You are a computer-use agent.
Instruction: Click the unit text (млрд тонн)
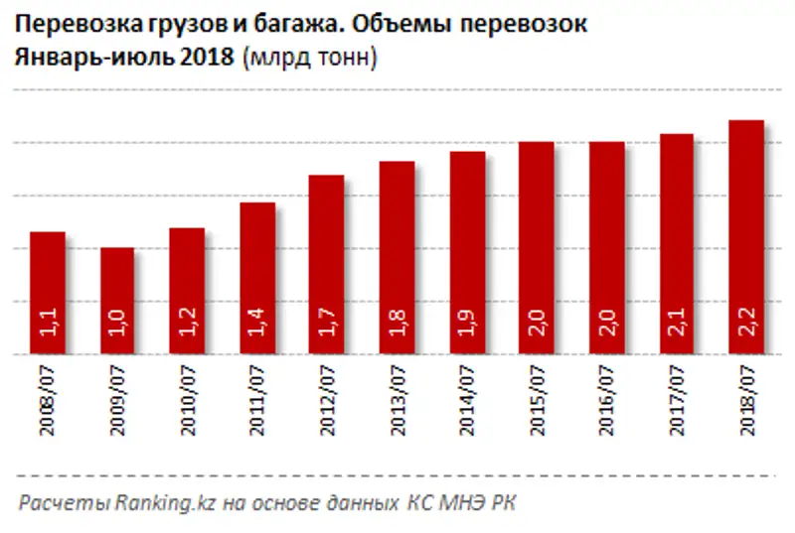point(307,59)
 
